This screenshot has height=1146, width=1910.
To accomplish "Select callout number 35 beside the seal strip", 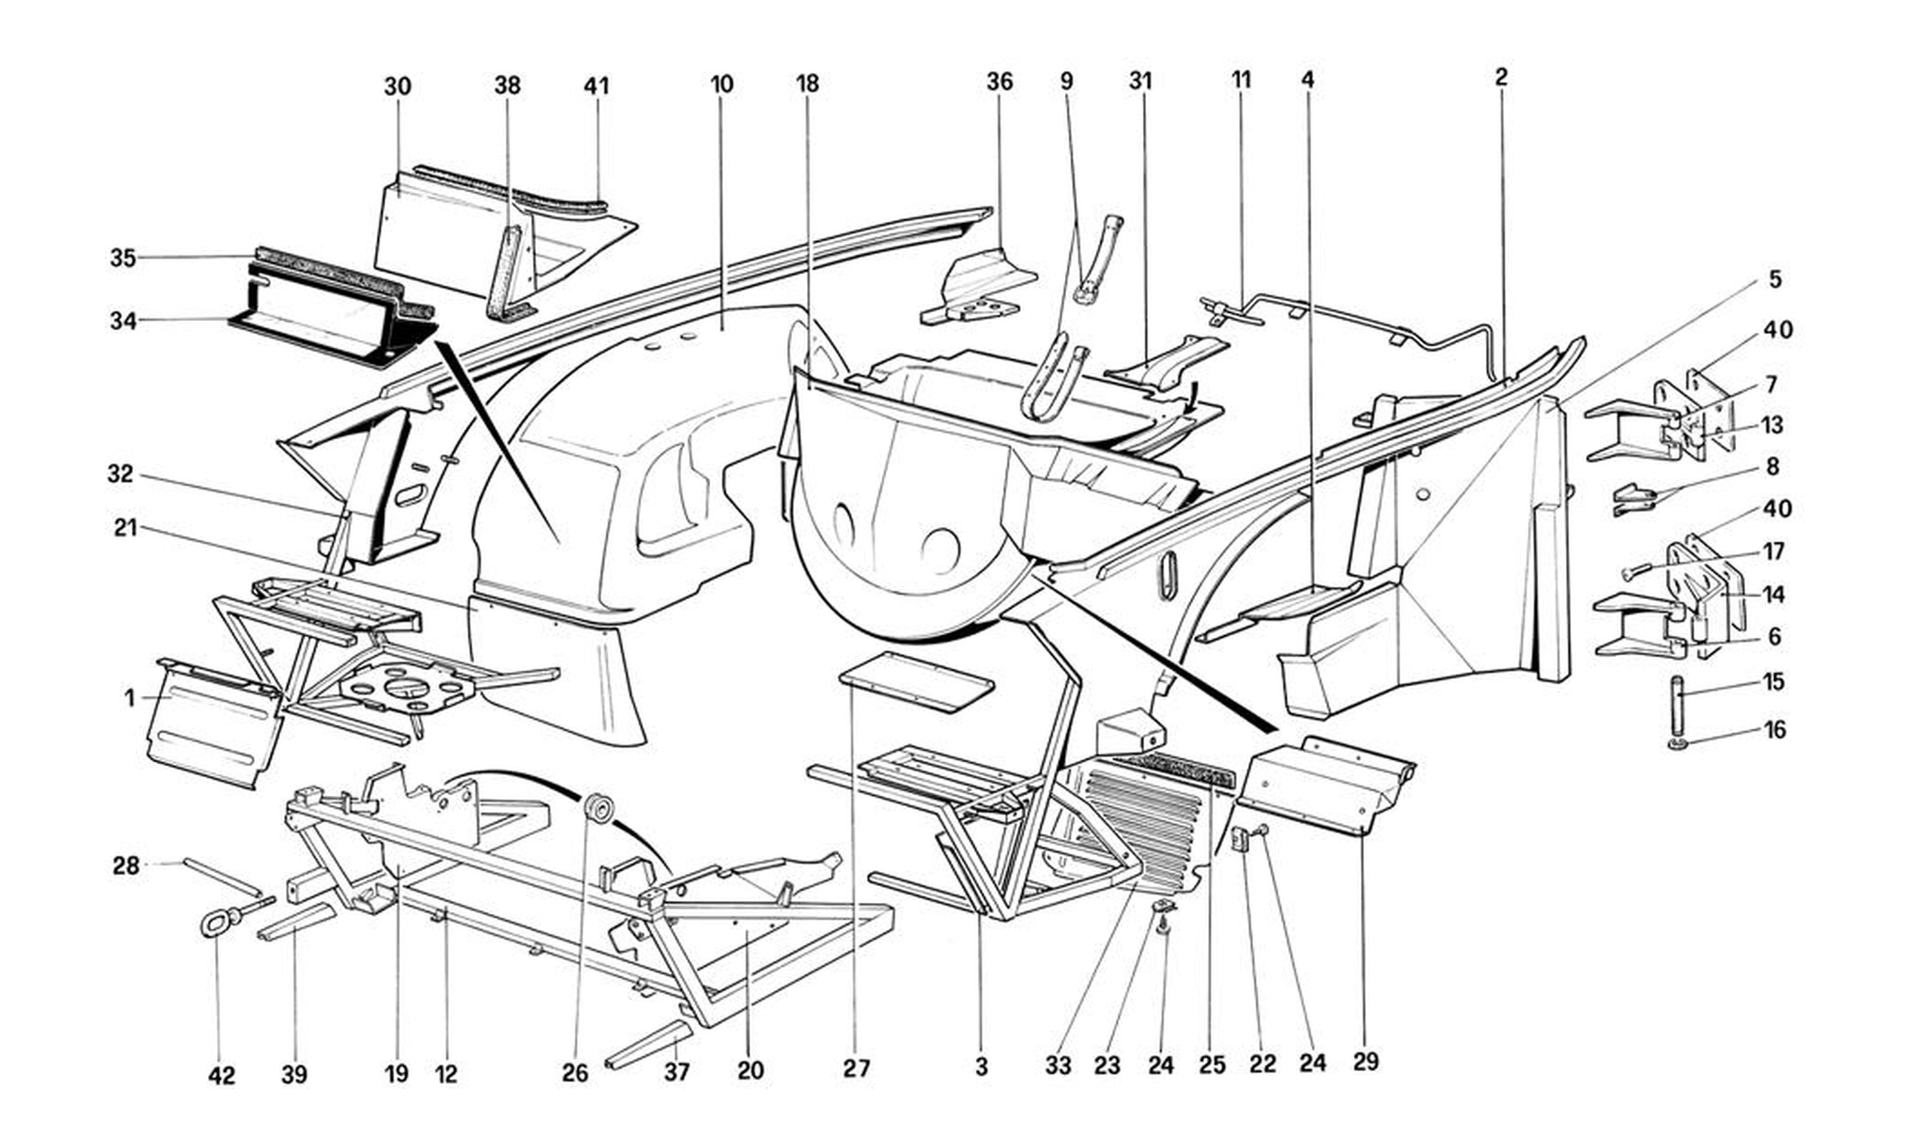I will click(x=123, y=258).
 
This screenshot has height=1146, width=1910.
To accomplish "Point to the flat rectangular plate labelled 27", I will click(x=916, y=681).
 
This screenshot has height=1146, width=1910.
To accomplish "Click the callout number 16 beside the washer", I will click(x=1775, y=730).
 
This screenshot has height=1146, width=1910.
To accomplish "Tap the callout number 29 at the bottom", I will click(x=1365, y=1062).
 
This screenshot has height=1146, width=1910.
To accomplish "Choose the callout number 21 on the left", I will click(x=126, y=528).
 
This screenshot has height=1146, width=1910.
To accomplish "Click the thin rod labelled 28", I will click(x=222, y=877).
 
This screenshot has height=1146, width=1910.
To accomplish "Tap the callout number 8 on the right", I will click(x=1772, y=467).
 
